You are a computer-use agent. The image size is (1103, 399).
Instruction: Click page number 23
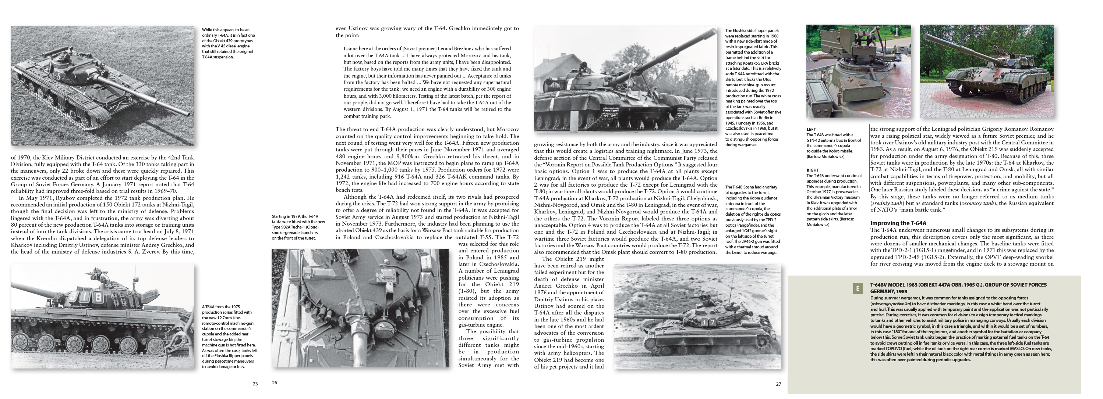(x=255, y=384)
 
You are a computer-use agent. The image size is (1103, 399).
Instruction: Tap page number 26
(x=275, y=383)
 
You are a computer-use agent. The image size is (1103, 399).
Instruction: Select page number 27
(x=778, y=384)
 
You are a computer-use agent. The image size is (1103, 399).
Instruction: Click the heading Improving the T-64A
(x=898, y=223)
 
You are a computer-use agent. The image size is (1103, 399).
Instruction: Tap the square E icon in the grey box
(x=857, y=289)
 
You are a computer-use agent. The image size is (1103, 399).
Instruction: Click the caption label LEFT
(x=811, y=129)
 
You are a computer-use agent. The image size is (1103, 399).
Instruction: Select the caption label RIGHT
(x=812, y=170)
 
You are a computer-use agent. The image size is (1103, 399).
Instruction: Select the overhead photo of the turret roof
(x=360, y=308)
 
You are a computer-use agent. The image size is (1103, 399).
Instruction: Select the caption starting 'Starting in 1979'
(x=298, y=227)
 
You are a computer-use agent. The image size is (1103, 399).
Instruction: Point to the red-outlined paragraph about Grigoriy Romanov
(x=962, y=159)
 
